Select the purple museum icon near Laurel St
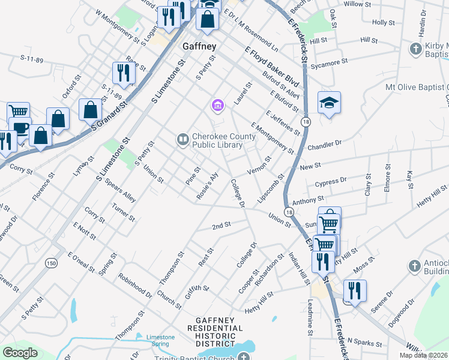tap(217, 106)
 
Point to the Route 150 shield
tap(52, 263)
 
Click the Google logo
tap(20, 352)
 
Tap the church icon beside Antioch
tap(414, 265)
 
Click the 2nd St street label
tap(221, 226)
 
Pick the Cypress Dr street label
tap(334, 180)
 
